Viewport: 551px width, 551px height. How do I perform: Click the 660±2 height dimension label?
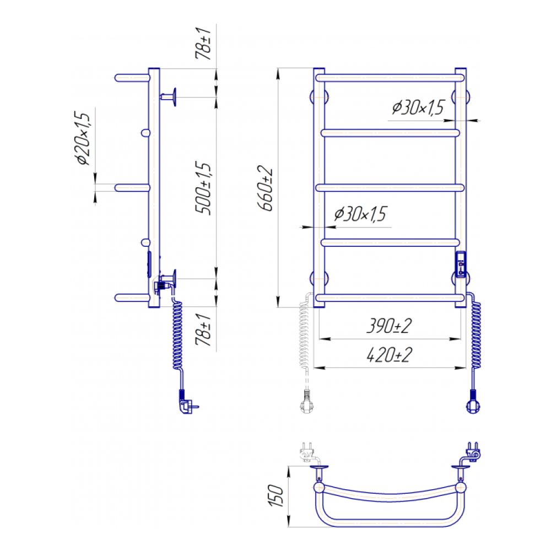[266, 188]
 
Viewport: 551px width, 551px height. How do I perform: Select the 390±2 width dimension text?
[388, 326]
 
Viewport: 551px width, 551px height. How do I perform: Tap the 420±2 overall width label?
[389, 355]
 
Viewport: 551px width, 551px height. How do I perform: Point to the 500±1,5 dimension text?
[203, 188]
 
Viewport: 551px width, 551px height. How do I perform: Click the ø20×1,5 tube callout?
[83, 138]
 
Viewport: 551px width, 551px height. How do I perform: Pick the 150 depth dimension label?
[276, 496]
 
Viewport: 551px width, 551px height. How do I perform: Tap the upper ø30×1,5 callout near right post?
[418, 107]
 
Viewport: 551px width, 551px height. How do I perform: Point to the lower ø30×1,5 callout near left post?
[360, 214]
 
